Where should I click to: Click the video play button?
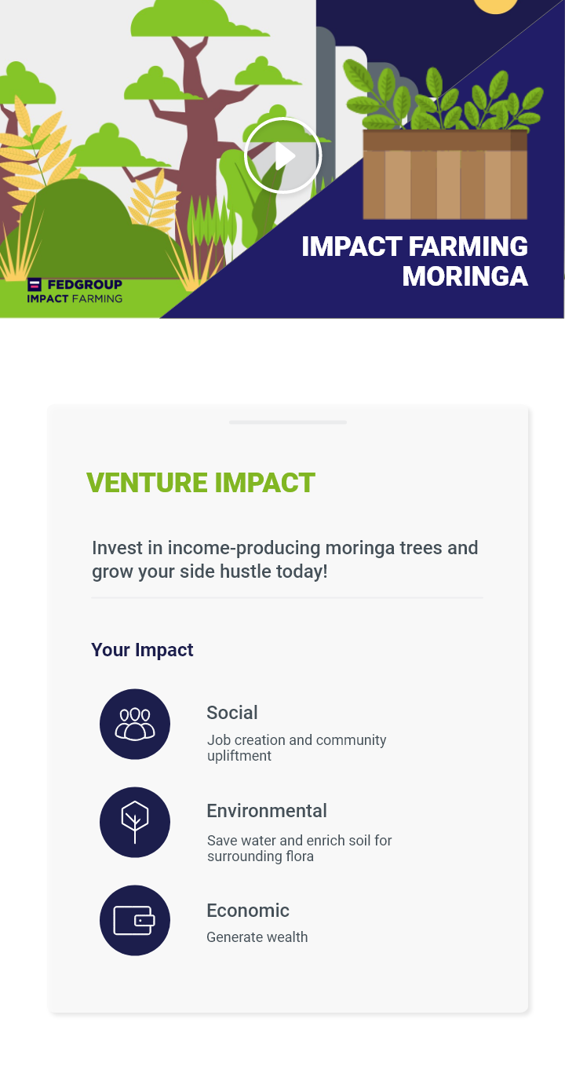[x=283, y=155]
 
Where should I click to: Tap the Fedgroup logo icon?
[x=35, y=284]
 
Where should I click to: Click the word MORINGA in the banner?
[x=465, y=276]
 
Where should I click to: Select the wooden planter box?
[x=445, y=174]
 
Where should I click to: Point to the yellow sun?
[x=496, y=5]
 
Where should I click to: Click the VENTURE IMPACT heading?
[x=201, y=483]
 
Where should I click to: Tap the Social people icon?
[x=135, y=724]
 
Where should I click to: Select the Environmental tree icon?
[x=135, y=822]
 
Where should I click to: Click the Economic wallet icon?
[x=135, y=920]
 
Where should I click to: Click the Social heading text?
[x=232, y=713]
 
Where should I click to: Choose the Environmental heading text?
[x=267, y=811]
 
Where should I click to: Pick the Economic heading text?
[x=248, y=911]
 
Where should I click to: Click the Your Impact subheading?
[x=142, y=650]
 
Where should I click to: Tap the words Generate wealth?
[x=257, y=937]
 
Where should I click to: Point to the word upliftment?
[x=239, y=756]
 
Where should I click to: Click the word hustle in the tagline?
[x=246, y=571]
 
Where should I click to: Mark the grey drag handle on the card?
[x=288, y=422]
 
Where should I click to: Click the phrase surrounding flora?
[x=261, y=856]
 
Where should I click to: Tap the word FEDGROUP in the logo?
[x=85, y=285]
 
